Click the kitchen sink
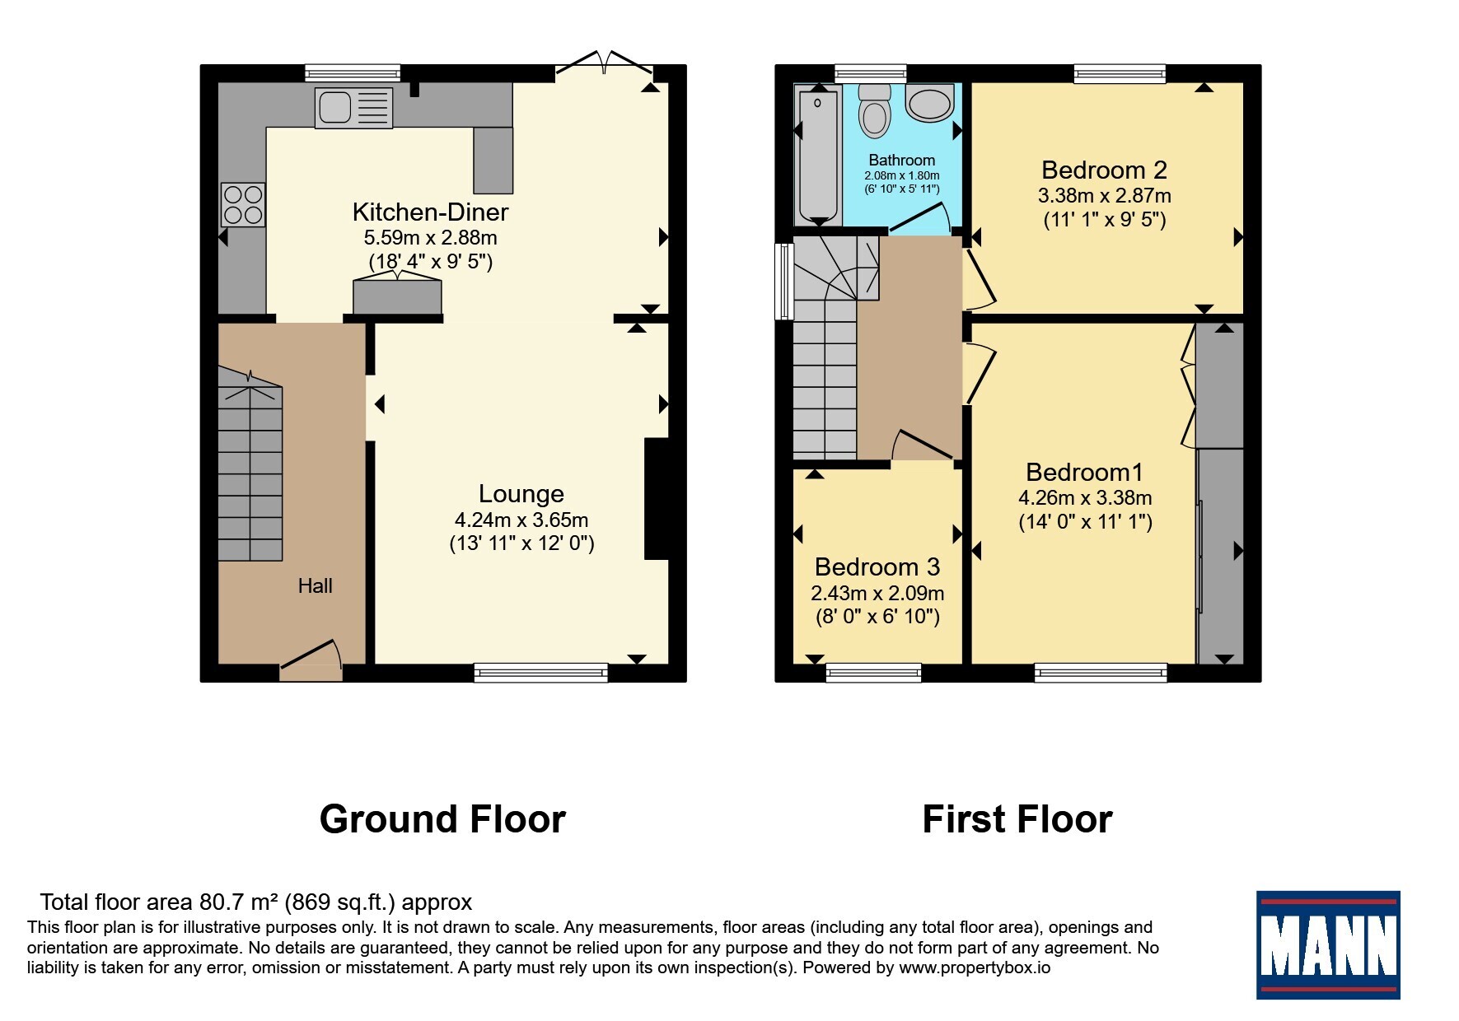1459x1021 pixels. (x=353, y=108)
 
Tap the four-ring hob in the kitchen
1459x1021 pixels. (x=243, y=204)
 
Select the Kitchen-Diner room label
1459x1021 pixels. (x=430, y=212)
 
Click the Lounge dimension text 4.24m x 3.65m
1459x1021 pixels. (x=521, y=520)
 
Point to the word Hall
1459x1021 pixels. (x=315, y=586)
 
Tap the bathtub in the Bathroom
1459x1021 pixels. (x=818, y=154)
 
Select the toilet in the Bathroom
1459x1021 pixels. (x=874, y=110)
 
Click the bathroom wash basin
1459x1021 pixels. (x=930, y=102)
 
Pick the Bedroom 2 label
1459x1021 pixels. (x=1104, y=170)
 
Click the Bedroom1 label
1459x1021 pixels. (x=1084, y=473)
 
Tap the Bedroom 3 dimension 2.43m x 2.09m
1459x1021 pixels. (x=877, y=594)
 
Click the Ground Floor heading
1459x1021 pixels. (x=442, y=819)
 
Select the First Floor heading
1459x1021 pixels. (x=1017, y=819)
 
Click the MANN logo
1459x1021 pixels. (x=1328, y=944)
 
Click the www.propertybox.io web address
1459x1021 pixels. (x=975, y=968)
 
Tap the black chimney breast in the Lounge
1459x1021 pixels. (x=657, y=499)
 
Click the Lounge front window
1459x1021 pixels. (x=541, y=673)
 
